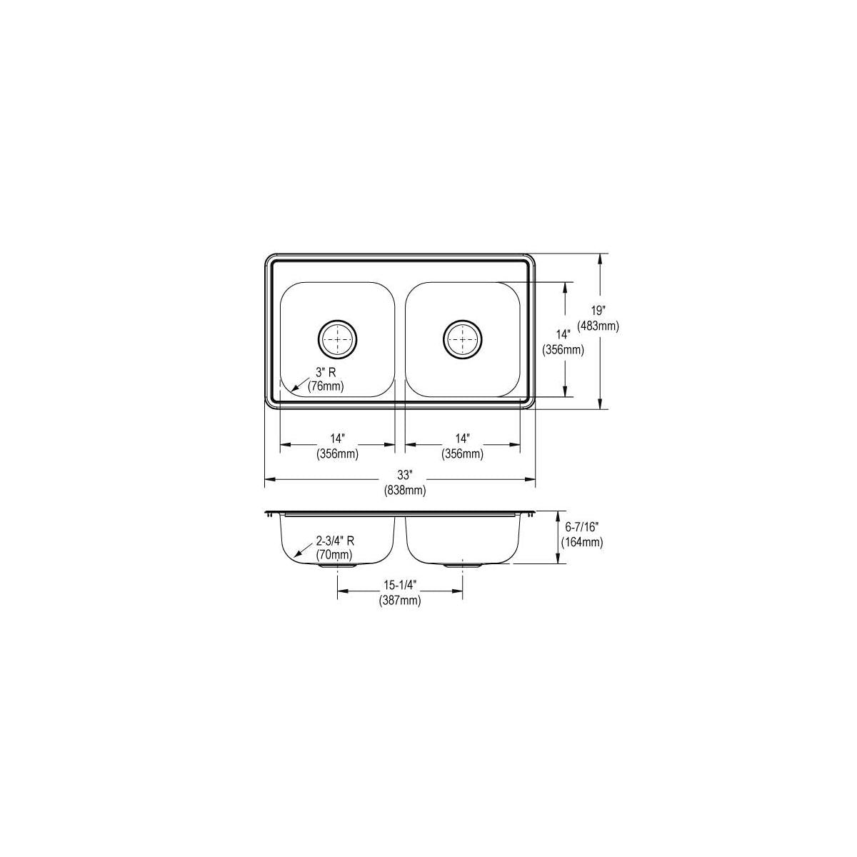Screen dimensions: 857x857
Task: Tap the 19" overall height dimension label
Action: point(598,311)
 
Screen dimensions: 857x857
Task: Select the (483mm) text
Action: point(598,326)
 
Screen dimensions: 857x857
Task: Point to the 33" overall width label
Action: point(405,476)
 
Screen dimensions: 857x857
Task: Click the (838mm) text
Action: point(405,491)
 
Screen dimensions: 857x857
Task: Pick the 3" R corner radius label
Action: point(326,373)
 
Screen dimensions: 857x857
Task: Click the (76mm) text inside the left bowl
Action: point(326,386)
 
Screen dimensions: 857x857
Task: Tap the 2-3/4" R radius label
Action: point(336,541)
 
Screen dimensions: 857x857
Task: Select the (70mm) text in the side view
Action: point(334,555)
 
